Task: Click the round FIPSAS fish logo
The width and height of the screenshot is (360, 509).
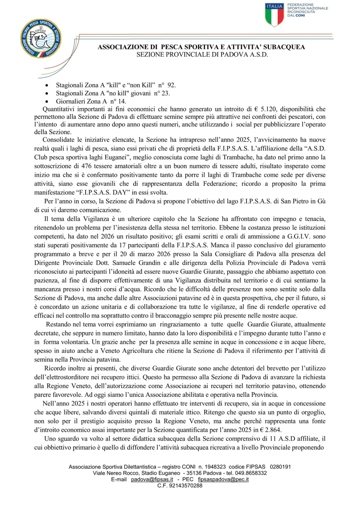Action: pos(41,39)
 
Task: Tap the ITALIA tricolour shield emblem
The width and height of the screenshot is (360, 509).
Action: pos(274,14)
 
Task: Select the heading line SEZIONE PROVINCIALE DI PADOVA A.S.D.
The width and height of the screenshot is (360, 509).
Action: pos(202,55)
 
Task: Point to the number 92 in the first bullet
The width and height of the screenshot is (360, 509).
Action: pos(171,85)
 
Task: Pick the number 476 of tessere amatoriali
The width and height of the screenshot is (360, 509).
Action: pos(86,166)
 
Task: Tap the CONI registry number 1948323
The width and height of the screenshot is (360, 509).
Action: pos(215,467)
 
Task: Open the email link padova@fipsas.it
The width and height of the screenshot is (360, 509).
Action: pos(152,479)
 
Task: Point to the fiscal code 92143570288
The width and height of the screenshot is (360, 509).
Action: pos(186,486)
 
